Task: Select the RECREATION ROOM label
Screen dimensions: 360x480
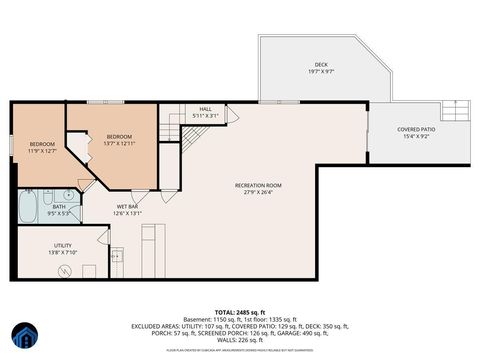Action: [258, 185]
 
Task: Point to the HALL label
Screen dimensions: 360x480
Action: [204, 109]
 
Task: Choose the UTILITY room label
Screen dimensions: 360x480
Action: [62, 245]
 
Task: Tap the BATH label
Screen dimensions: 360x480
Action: [60, 207]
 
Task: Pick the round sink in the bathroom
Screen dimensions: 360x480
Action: [68, 196]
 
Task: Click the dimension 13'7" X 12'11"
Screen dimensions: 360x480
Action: [120, 143]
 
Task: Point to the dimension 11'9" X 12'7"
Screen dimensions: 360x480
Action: [41, 151]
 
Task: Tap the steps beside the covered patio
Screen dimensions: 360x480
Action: [458, 107]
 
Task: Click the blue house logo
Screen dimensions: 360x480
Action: [24, 337]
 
